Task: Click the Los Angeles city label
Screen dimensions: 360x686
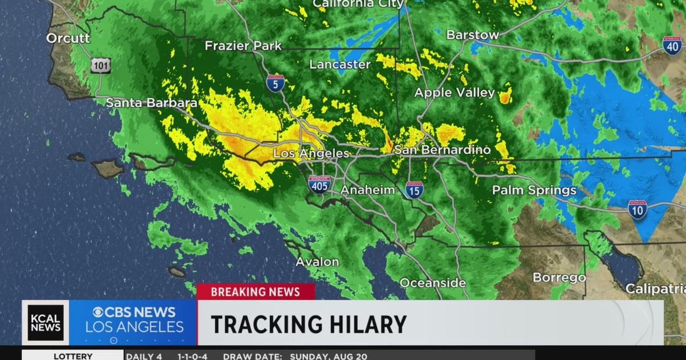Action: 311,154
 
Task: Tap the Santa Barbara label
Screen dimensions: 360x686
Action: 151,103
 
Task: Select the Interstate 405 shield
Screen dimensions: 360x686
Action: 319,185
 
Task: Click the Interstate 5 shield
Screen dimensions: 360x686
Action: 276,84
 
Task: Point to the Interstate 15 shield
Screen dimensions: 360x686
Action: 414,190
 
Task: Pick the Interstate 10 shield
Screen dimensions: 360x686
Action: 637,210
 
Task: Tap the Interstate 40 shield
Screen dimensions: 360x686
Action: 672,46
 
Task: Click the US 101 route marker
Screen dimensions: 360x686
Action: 100,66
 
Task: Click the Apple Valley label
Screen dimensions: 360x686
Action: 454,93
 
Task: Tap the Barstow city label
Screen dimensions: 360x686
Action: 472,35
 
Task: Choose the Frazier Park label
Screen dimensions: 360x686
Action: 244,46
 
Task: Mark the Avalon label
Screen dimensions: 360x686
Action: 317,262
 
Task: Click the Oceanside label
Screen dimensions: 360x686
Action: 433,283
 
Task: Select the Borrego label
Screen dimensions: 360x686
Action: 559,278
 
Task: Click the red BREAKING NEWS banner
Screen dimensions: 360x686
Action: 256,292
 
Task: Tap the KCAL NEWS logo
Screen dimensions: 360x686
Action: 46,323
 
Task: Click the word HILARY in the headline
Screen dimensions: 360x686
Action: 360,324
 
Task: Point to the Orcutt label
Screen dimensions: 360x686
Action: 68,38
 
